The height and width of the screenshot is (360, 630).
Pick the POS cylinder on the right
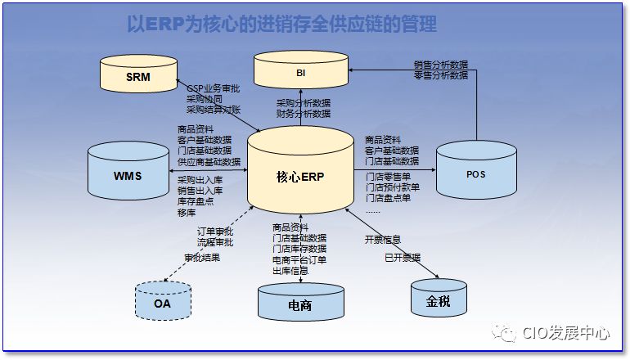point(475,173)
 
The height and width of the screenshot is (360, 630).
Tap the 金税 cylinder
point(439,299)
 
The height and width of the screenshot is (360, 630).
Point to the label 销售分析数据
point(441,64)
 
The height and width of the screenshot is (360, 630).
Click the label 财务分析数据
point(304,114)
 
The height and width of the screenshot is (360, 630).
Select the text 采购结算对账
point(214,109)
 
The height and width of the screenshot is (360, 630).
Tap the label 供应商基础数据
point(209,161)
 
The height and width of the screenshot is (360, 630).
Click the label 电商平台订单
point(299,259)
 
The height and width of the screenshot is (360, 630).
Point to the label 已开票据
point(402,258)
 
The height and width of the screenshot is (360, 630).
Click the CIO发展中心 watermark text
point(566,333)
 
